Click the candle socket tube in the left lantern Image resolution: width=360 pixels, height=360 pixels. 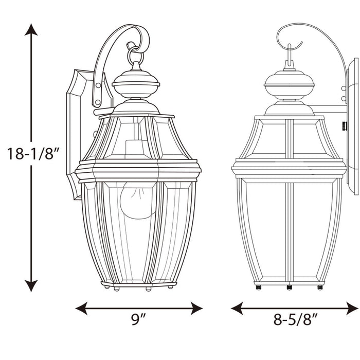point(135,149)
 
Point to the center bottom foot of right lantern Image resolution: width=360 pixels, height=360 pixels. point(289,286)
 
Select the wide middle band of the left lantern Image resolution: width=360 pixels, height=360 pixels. point(138,169)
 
